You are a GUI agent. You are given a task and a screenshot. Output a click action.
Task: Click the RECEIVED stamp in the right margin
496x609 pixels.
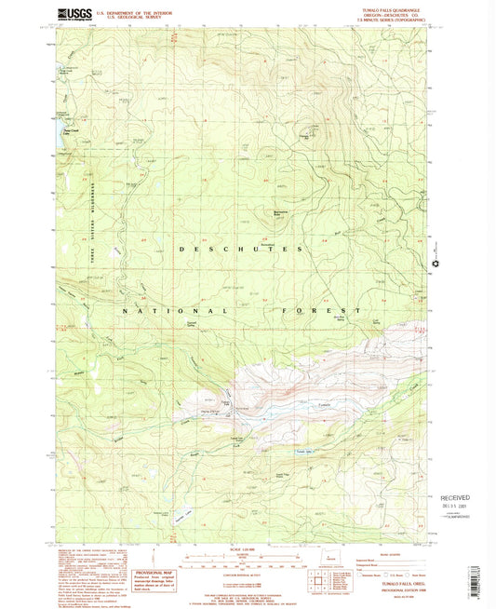(459, 498)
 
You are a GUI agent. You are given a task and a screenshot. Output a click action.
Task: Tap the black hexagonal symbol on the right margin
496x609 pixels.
(433, 267)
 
